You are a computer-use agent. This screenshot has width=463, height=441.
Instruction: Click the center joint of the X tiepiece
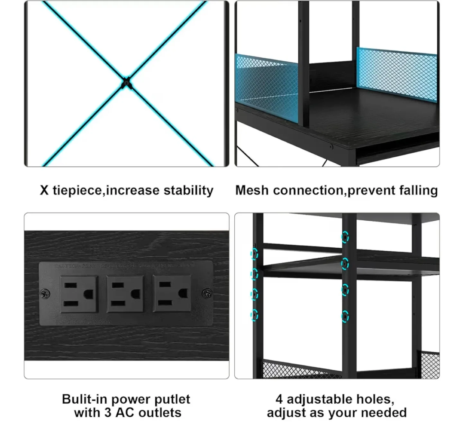[x=127, y=84]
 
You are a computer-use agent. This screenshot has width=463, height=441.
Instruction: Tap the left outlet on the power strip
[x=79, y=294]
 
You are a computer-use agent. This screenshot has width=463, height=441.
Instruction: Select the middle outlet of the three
[x=125, y=294]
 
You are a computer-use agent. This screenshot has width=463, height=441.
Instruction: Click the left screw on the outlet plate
[x=45, y=293]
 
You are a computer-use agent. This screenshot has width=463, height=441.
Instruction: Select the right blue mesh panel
[x=397, y=74]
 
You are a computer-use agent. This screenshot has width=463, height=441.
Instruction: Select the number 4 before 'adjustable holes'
[x=279, y=399]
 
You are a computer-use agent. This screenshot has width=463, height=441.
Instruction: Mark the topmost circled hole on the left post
[x=254, y=254]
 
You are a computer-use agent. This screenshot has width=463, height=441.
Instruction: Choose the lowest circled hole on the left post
[x=254, y=315]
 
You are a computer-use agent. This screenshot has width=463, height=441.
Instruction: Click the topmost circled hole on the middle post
[x=345, y=237]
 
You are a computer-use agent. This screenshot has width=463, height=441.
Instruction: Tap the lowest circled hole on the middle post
[x=345, y=316]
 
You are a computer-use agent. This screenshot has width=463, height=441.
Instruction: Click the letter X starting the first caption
[x=44, y=190]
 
